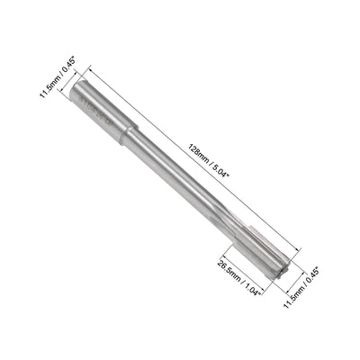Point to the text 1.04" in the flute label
coord(243,297)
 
